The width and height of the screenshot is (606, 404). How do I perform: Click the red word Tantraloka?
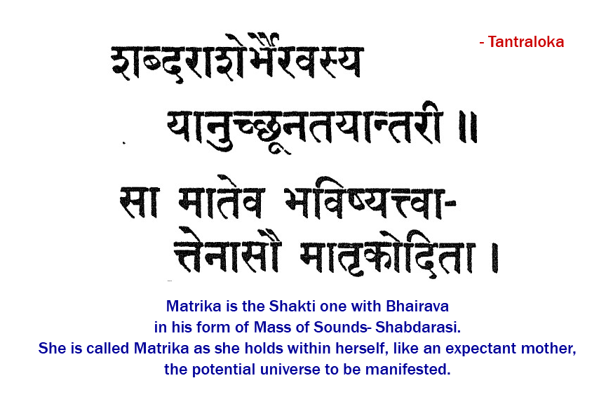click(526, 42)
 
